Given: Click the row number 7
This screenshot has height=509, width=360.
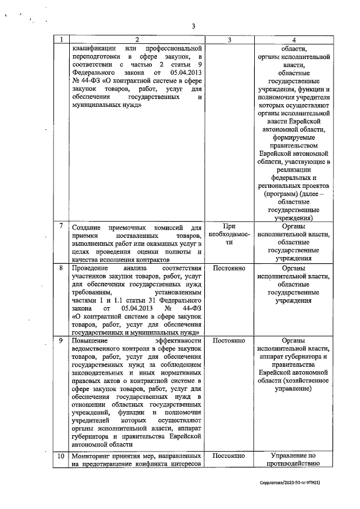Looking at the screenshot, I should [61, 226].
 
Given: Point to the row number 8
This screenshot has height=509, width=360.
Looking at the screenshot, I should [61, 268].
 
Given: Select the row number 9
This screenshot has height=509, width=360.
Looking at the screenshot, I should [61, 341].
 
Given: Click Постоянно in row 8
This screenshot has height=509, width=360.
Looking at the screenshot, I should [229, 268].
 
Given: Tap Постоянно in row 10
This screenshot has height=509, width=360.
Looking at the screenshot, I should [229, 454].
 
